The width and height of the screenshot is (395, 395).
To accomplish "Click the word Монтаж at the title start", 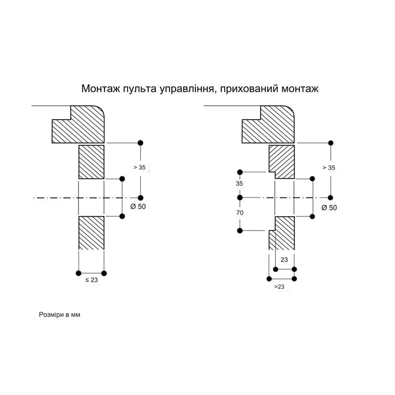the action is [101, 89].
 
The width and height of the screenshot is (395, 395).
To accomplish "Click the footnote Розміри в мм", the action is [59, 315].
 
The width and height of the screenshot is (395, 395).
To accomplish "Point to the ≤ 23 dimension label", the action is [91, 280].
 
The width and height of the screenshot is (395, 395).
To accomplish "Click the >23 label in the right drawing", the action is [279, 287].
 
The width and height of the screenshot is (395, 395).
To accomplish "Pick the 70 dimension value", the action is [240, 213].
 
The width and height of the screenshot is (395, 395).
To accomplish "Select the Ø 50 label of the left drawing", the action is [138, 206].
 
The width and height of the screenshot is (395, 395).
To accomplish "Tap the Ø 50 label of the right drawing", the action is [329, 207].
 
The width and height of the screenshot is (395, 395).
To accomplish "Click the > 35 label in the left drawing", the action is [140, 167].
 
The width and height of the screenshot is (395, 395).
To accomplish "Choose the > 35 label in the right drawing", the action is [329, 167].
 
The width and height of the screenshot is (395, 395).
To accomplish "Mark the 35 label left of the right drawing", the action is [239, 183].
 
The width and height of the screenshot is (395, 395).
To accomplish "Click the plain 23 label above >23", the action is [284, 260].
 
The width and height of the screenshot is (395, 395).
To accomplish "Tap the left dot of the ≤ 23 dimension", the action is [79, 273].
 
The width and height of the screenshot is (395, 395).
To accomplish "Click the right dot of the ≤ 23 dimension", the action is [104, 273].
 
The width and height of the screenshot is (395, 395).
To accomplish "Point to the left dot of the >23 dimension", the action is [269, 278].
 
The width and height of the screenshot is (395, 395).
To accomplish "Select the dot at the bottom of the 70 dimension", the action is [240, 231].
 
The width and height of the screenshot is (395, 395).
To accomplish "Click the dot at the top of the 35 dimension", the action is [240, 172].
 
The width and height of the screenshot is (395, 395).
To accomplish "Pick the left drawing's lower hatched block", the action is [91, 233].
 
